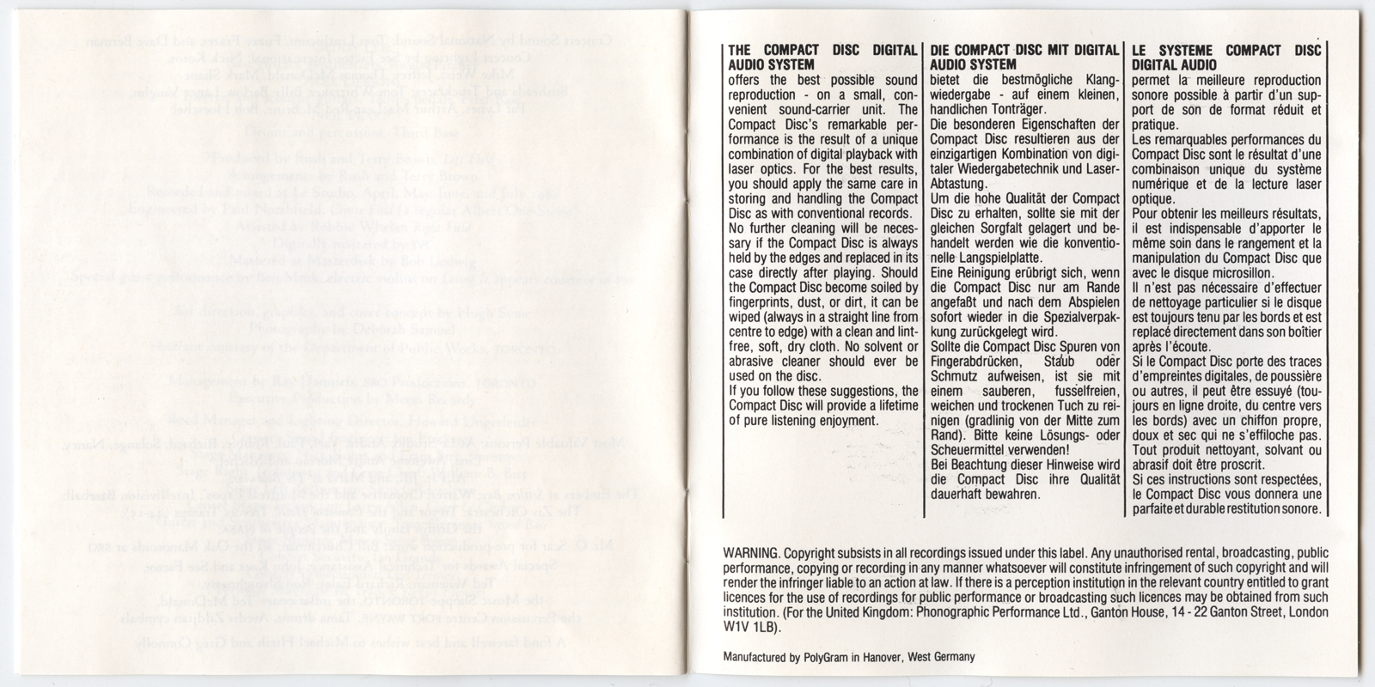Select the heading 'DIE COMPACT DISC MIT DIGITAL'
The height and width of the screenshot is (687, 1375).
1025,51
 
